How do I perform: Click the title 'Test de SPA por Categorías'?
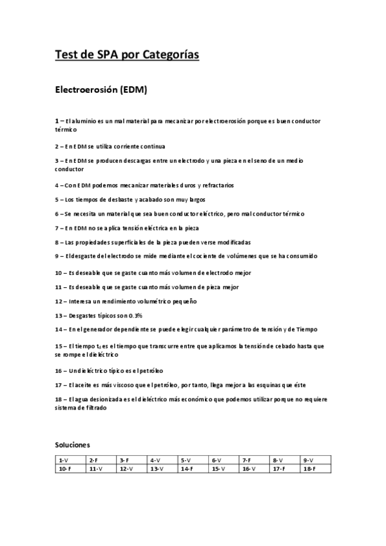(x=127, y=55)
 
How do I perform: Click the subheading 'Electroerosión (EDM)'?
(x=101, y=89)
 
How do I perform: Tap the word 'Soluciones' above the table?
(x=72, y=444)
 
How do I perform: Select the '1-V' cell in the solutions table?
(x=63, y=460)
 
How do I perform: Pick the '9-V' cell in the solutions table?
(x=308, y=460)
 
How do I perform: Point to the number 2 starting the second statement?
(x=57, y=146)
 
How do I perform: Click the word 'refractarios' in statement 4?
(x=214, y=185)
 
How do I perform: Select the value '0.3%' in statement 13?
(x=135, y=315)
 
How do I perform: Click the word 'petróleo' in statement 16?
(x=151, y=371)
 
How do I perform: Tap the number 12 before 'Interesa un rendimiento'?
(x=58, y=301)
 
